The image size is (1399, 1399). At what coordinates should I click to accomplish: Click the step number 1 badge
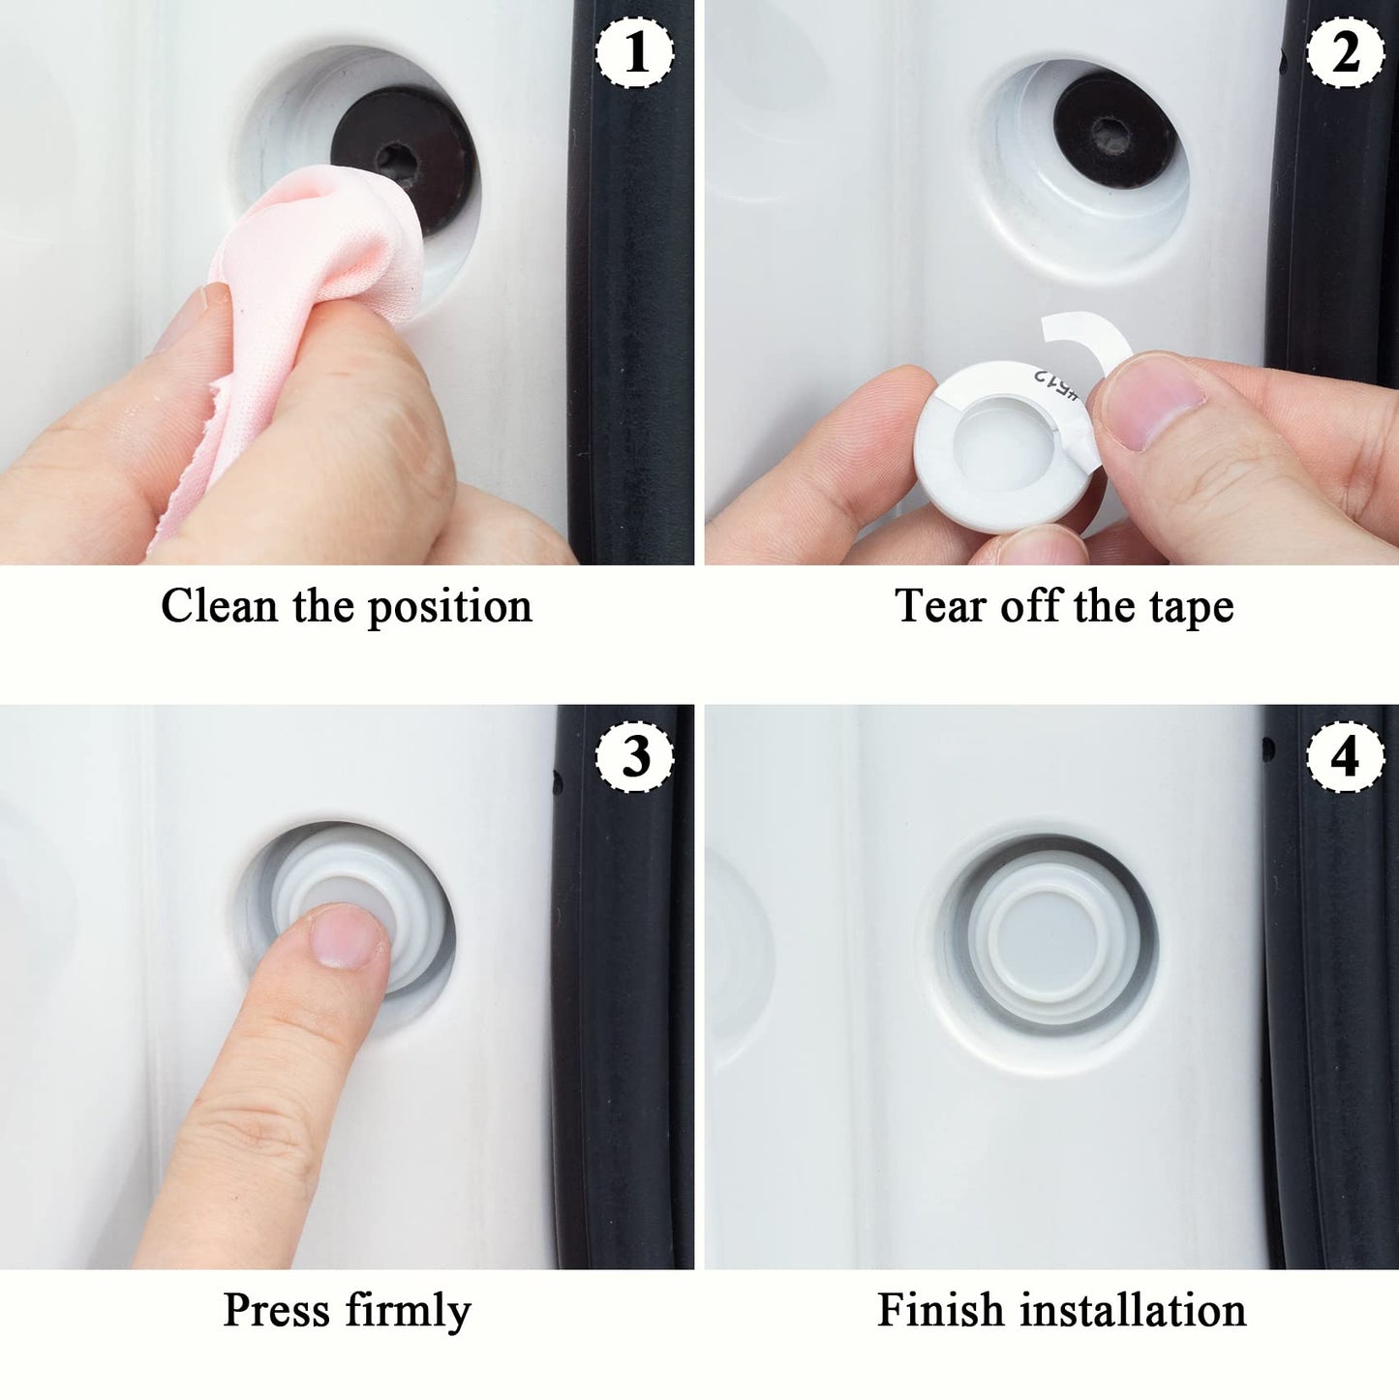point(635,53)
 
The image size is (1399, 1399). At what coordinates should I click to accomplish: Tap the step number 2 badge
point(1345,53)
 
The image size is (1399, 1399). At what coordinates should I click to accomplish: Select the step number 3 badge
point(635,756)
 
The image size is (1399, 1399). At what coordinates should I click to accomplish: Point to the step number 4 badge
point(1345,756)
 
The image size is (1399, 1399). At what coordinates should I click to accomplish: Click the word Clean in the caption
point(219,607)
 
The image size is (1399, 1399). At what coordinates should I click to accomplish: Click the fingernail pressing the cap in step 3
point(347,935)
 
